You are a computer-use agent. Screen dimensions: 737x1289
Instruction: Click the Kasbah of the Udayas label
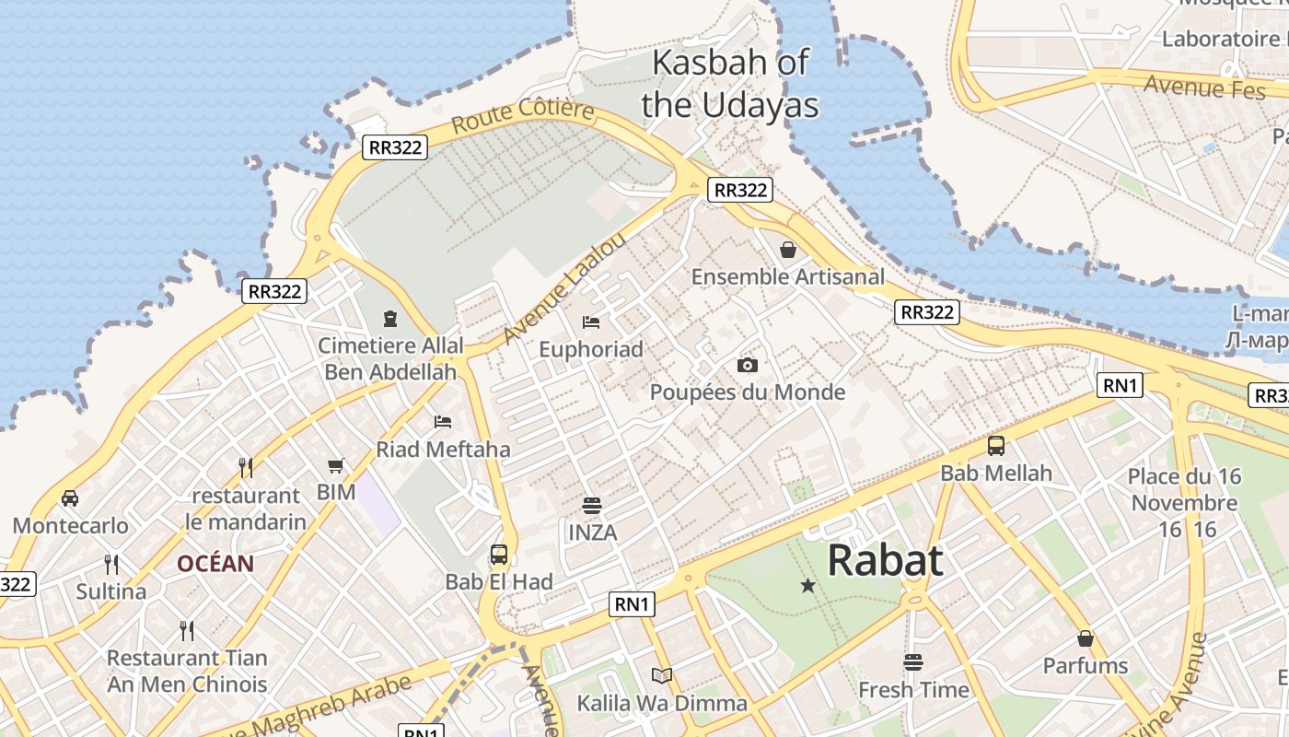729,84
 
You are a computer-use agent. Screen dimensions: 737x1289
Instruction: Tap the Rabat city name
885,560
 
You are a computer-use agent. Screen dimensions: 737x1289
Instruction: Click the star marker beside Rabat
808,585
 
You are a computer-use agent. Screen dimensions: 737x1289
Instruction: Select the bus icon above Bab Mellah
996,446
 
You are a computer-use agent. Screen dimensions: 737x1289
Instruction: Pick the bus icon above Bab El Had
499,555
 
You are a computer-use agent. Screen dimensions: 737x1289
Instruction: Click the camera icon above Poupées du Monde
748,366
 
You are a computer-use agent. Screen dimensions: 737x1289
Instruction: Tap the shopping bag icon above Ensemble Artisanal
788,250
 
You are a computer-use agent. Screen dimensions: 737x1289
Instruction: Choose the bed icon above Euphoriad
591,322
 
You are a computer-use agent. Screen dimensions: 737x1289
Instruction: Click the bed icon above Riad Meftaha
443,422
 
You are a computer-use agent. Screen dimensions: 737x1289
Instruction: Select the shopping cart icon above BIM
336,466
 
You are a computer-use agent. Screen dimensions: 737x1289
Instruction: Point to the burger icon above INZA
592,506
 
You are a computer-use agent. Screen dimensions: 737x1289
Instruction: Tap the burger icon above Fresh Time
913,662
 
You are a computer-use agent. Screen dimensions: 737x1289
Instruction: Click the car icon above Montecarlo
70,498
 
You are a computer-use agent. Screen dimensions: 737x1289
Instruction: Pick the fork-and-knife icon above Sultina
111,564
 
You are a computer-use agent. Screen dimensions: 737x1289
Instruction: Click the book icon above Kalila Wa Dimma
662,676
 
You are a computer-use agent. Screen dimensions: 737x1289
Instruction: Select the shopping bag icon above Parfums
1086,638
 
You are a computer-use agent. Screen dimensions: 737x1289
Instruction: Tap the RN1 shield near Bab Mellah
1120,385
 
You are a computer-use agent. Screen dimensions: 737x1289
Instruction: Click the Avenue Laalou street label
564,287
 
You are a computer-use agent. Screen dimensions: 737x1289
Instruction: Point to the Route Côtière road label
523,116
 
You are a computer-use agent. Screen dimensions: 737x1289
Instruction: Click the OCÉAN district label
215,564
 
